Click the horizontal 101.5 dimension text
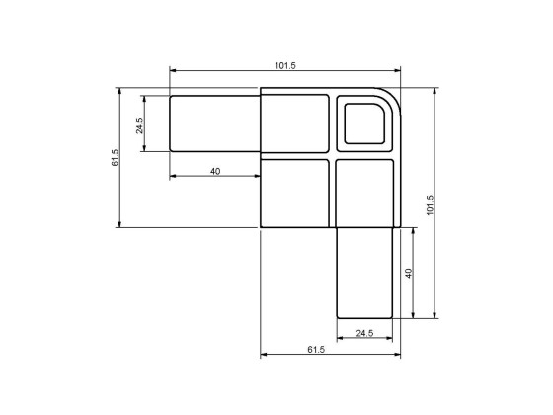tap(285, 65)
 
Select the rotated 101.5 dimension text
tap(430, 204)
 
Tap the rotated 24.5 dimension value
tap(139, 124)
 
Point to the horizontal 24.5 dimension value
tap(364, 332)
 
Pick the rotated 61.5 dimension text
tap(115, 158)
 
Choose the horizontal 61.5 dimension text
tap(316, 350)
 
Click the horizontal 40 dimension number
tap(215, 171)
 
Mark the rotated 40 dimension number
tap(408, 273)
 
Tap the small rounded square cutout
tap(366, 124)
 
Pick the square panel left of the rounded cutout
tap(296, 124)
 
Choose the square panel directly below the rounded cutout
tap(366, 192)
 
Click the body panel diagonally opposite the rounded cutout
tap(296, 192)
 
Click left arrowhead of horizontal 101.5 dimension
tap(174, 71)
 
